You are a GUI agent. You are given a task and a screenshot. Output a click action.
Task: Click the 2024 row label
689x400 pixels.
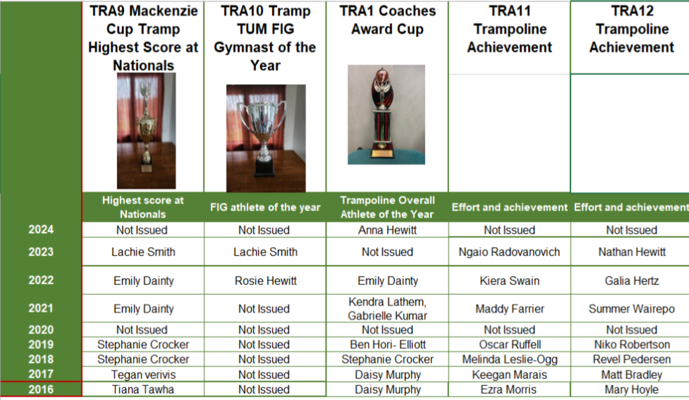click(41, 229)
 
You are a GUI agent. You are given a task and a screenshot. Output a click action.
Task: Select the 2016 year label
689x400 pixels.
click(41, 389)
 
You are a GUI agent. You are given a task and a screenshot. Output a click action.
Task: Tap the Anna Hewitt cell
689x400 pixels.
click(387, 230)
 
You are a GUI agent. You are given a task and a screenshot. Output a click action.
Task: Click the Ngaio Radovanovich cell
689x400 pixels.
click(509, 252)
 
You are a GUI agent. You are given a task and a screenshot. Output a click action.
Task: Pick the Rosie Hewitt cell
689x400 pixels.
click(265, 281)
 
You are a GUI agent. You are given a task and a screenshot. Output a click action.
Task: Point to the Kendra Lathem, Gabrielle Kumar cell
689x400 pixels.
click(387, 308)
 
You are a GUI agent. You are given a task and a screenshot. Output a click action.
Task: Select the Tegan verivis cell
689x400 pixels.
click(143, 375)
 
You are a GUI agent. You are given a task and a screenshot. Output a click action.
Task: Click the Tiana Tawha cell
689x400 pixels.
click(143, 389)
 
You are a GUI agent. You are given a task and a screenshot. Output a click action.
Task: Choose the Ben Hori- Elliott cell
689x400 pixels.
click(388, 344)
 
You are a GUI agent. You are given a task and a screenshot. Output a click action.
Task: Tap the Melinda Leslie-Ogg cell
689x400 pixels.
click(510, 360)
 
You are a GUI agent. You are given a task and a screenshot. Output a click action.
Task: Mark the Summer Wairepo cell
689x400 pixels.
click(631, 308)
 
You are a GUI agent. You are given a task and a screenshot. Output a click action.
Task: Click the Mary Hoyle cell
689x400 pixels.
click(631, 389)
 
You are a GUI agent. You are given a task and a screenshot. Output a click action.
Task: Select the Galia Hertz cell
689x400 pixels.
click(631, 281)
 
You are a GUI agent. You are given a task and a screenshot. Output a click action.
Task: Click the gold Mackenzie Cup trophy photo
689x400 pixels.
click(146, 131)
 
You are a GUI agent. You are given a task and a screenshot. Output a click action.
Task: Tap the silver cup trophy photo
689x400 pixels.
click(266, 138)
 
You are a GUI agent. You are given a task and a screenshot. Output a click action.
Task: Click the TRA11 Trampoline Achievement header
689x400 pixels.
click(509, 29)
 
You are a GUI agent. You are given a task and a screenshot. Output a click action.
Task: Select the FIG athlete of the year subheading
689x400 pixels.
click(265, 207)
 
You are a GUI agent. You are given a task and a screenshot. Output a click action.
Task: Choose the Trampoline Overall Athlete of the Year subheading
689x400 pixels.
click(387, 207)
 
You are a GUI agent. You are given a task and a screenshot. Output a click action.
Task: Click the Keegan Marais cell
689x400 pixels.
click(509, 375)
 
